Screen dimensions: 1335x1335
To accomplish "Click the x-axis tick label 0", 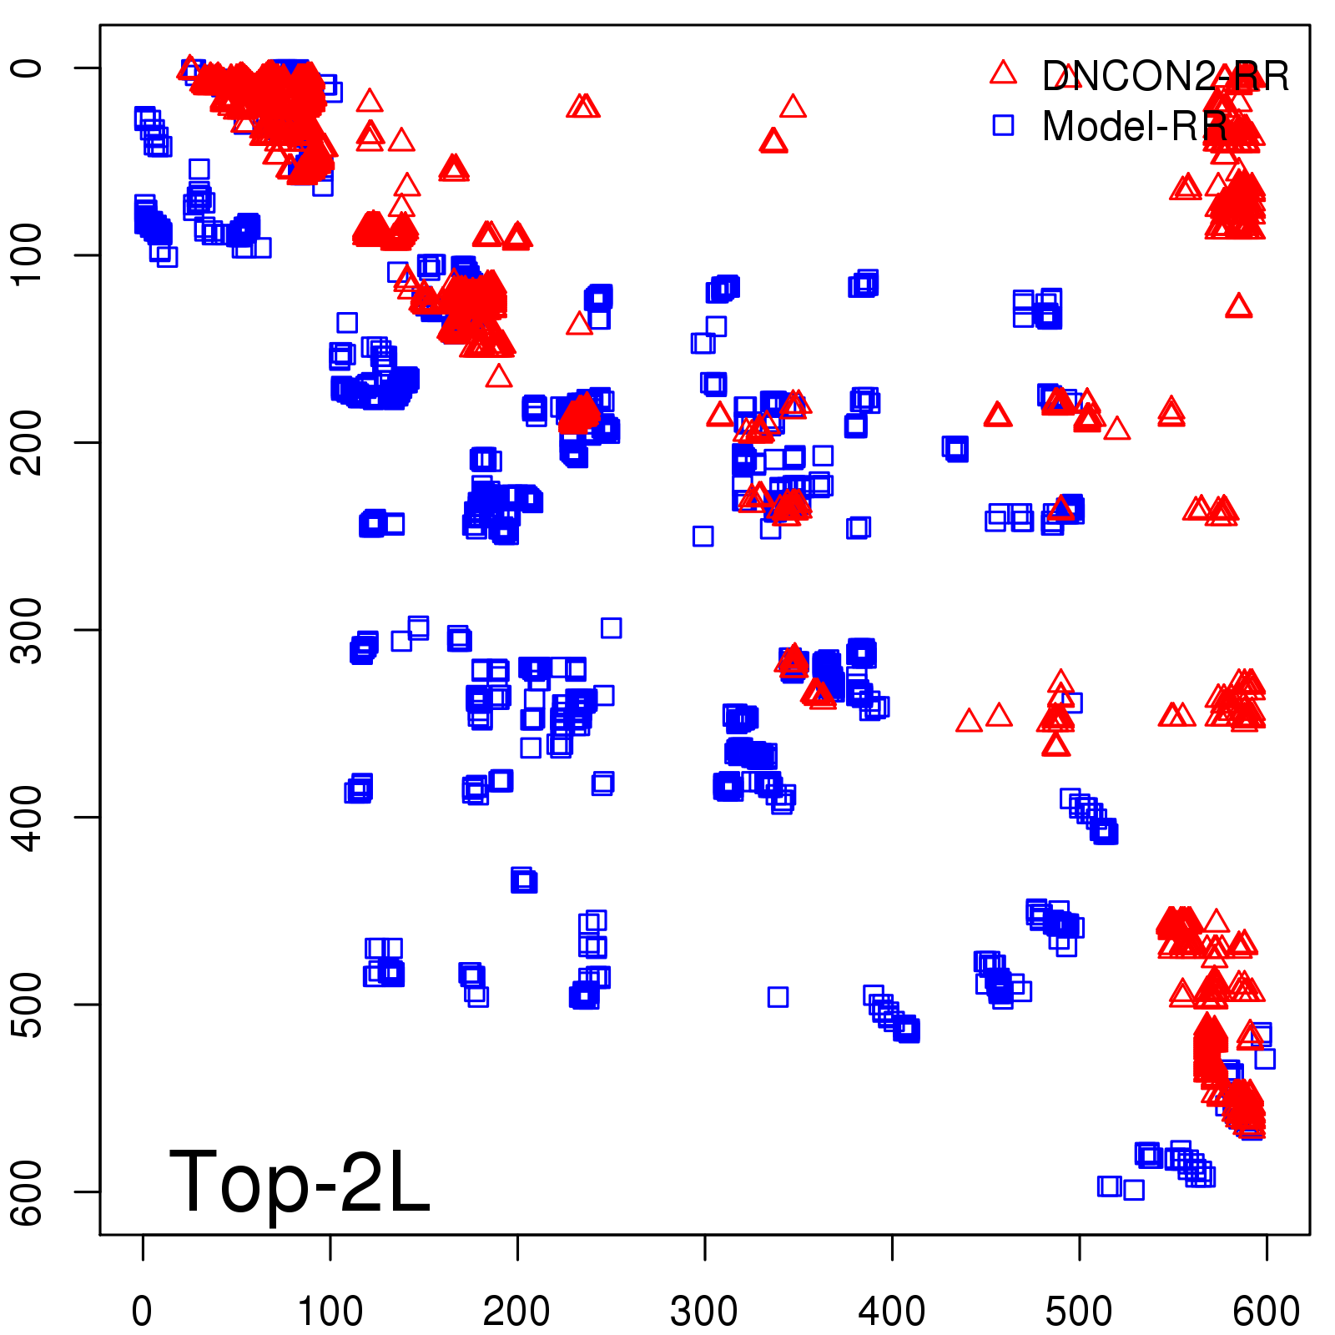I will (142, 1311).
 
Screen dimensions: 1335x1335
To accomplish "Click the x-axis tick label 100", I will (330, 1311).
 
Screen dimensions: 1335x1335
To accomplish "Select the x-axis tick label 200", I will (516, 1311).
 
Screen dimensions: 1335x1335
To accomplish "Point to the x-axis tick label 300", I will (704, 1311).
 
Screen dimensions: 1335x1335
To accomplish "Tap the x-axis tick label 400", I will (892, 1311).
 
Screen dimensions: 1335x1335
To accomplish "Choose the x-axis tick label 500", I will (1079, 1311).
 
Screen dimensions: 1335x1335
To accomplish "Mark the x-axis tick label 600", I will (1267, 1311).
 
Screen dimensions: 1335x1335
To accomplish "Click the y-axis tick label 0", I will (27, 68).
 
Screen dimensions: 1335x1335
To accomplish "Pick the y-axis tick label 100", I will (27, 254).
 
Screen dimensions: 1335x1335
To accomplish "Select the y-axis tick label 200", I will (27, 442).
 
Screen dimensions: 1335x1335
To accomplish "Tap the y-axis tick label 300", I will (27, 630).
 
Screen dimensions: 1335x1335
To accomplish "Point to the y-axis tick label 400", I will (27, 817).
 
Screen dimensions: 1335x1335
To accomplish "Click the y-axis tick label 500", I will (27, 1005).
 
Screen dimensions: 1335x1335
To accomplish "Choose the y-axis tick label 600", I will (27, 1191).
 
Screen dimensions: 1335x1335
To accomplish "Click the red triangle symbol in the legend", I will (1003, 73).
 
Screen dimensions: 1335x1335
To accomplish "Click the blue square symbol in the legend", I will (1003, 125).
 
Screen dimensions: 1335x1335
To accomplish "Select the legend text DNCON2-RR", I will (1166, 76).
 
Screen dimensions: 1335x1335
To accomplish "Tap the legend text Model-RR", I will (1135, 127).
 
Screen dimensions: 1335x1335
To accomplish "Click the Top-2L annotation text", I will (300, 1181).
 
